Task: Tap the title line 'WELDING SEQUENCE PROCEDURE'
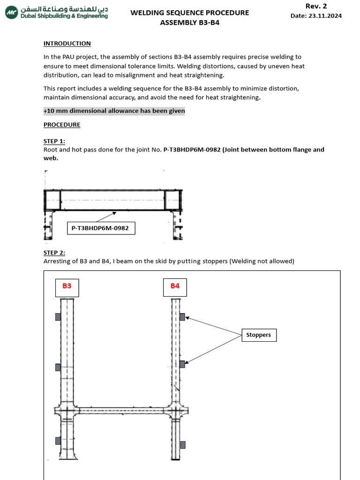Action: (x=189, y=13)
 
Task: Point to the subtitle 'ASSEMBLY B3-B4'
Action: (x=189, y=22)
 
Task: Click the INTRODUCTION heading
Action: (x=67, y=44)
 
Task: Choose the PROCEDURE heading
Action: (x=62, y=125)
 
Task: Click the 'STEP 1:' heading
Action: (x=54, y=141)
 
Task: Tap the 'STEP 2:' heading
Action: (x=54, y=253)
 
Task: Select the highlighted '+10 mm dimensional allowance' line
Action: (x=114, y=111)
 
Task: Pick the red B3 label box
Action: (x=67, y=286)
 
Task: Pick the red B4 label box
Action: (x=175, y=286)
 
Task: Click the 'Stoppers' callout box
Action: (x=259, y=335)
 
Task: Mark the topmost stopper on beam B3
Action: (x=58, y=317)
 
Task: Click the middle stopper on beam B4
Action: (x=182, y=364)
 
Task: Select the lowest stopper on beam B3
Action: (x=58, y=441)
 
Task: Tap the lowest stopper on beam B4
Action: (x=182, y=444)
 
